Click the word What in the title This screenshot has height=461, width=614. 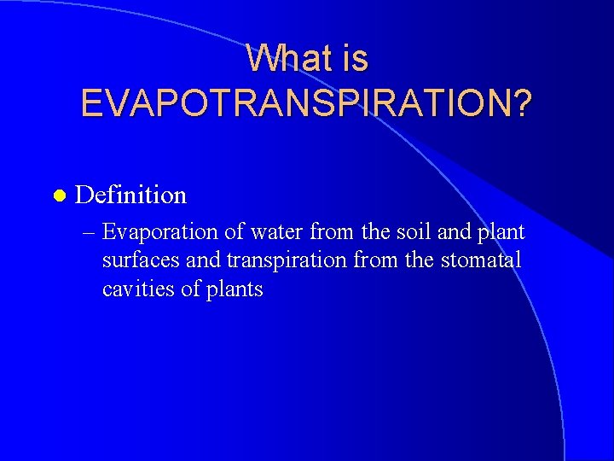coord(282,58)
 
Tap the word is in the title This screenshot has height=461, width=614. coord(351,58)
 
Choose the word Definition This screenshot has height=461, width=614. coord(130,195)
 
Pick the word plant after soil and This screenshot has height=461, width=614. coord(501,232)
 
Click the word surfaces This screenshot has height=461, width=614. coord(137,260)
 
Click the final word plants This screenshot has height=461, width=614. coord(234,289)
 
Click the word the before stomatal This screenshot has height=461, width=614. coord(420,260)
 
